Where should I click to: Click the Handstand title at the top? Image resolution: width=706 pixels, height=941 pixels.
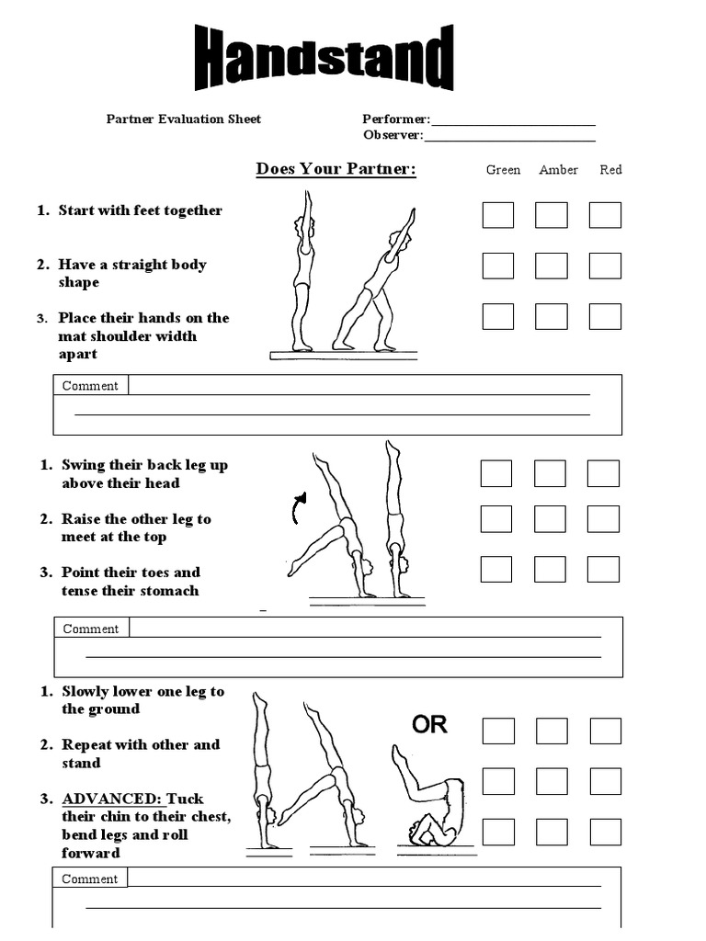click(325, 60)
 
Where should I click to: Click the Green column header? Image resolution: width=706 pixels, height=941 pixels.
click(503, 170)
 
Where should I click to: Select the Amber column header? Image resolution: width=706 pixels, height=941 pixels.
click(558, 170)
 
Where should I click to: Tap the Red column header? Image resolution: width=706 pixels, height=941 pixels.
click(610, 170)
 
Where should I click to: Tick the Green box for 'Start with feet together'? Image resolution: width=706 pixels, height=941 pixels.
click(498, 215)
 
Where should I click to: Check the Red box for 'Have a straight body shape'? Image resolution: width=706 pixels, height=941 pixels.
click(605, 266)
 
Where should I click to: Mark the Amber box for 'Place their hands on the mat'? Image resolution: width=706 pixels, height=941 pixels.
click(552, 316)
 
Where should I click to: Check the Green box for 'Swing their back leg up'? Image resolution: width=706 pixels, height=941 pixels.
click(496, 473)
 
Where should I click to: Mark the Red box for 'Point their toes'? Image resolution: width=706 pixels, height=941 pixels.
click(603, 569)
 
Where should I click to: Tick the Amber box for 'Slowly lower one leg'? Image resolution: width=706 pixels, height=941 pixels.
click(552, 731)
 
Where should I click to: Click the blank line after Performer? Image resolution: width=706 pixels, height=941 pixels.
click(513, 120)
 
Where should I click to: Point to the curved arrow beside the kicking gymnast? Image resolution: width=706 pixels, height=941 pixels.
click(298, 507)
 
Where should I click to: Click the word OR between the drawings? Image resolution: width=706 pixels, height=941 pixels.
click(429, 724)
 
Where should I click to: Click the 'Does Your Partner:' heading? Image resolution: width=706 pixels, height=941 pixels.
click(336, 169)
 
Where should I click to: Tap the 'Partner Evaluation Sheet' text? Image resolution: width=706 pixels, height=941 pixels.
click(184, 119)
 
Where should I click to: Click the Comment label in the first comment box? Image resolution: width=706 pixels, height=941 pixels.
click(90, 386)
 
